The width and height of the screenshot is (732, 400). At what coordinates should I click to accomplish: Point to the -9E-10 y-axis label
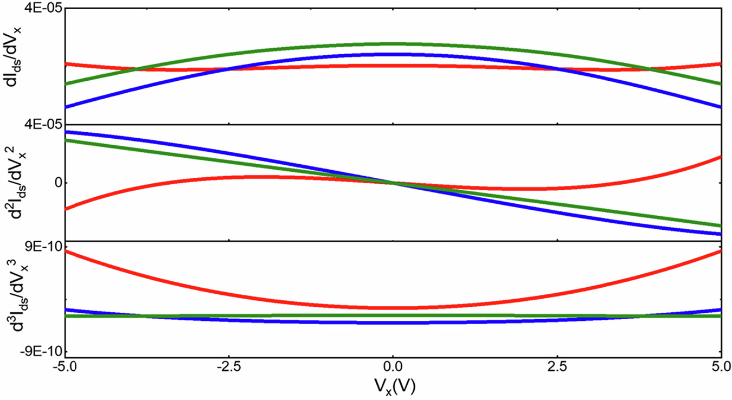[x=35, y=351]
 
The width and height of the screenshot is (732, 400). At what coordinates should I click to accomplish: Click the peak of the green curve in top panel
[x=393, y=43]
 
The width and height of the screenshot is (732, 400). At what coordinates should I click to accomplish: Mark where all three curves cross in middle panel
[x=393, y=183]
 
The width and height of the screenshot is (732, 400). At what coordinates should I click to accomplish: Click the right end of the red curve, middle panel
[x=720, y=157]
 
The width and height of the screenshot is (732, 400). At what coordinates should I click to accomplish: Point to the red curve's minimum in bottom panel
[x=393, y=308]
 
